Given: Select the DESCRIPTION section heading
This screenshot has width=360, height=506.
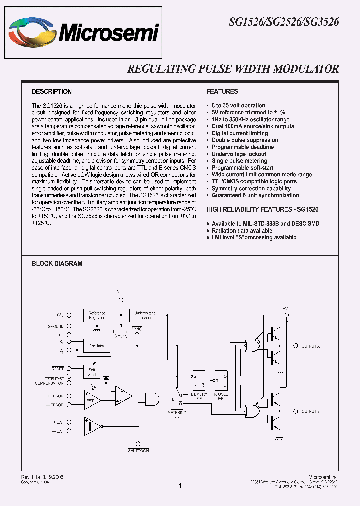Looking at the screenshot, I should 52,92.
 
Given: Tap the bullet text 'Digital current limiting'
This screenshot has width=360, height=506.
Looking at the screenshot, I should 240,133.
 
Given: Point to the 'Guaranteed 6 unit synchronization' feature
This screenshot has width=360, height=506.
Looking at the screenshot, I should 255,195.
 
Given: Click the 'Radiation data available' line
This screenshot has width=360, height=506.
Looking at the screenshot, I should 242,231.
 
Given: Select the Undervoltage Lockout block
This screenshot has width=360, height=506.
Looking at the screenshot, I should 145,315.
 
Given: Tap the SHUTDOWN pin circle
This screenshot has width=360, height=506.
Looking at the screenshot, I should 138,443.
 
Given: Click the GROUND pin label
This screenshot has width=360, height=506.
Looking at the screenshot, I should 56,326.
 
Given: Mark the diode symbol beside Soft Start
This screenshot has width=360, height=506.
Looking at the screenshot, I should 105,378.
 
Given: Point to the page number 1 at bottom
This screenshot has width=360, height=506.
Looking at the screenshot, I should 180,485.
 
